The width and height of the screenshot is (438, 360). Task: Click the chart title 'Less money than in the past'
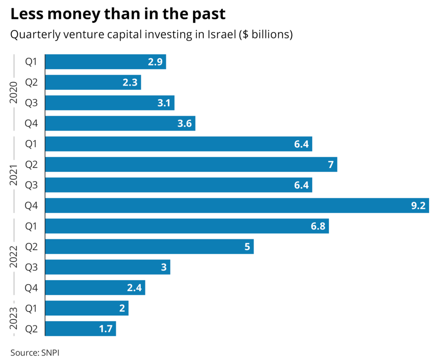pyautogui.click(x=118, y=14)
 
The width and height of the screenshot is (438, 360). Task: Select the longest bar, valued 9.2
pyautogui.click(x=237, y=206)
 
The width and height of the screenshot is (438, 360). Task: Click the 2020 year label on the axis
pyautogui.click(x=14, y=93)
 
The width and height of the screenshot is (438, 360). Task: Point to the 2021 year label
pyautogui.click(x=14, y=174)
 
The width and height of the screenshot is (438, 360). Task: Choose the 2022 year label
pyautogui.click(x=14, y=257)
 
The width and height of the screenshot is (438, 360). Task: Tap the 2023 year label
pyautogui.click(x=14, y=318)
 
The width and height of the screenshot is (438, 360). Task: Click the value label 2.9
pyautogui.click(x=154, y=62)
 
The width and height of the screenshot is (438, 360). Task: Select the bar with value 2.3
pyautogui.click(x=93, y=83)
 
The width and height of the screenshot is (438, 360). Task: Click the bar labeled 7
pyautogui.click(x=191, y=165)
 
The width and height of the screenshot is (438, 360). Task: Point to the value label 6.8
pyautogui.click(x=317, y=226)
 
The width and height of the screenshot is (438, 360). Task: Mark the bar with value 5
pyautogui.click(x=149, y=247)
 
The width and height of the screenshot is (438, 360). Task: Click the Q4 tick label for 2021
pyautogui.click(x=32, y=206)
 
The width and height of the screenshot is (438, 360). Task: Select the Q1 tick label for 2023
pyautogui.click(x=32, y=308)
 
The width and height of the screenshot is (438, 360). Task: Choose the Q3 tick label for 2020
pyautogui.click(x=32, y=103)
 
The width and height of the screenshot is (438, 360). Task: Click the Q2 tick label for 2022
pyautogui.click(x=32, y=247)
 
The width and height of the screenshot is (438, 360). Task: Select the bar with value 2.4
pyautogui.click(x=95, y=288)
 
